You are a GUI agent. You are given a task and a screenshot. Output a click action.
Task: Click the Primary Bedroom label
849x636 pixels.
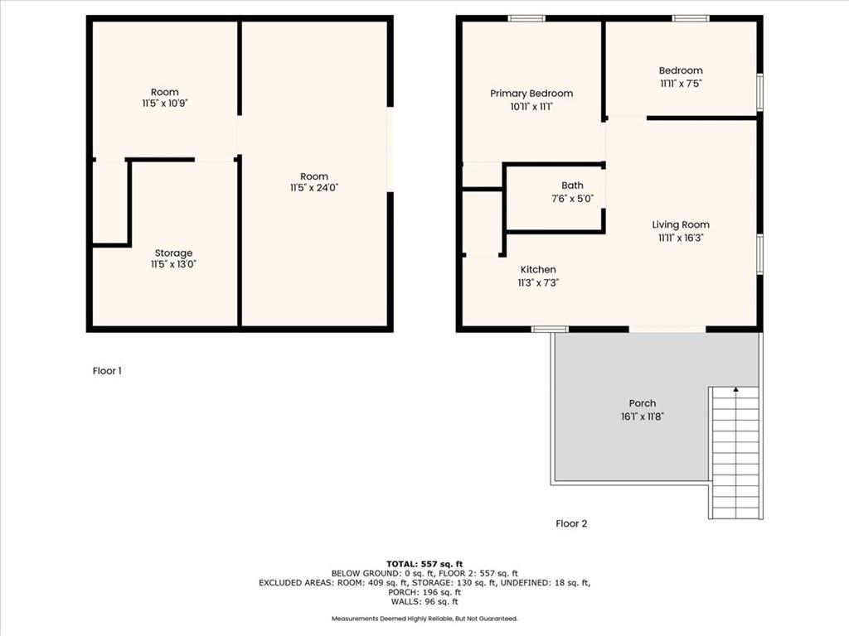[x=531, y=94]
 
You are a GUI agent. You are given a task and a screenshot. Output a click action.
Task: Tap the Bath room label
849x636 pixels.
[x=572, y=185]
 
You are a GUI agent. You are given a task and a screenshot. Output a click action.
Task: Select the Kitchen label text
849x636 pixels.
[x=538, y=269]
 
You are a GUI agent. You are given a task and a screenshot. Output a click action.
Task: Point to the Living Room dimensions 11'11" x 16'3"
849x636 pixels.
[x=681, y=238]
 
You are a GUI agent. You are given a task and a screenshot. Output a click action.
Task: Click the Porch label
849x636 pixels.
[x=643, y=403]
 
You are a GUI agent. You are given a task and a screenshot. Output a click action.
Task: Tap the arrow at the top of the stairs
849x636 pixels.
[x=736, y=389]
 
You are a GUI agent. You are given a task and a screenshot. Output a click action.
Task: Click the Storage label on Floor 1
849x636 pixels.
[x=173, y=253]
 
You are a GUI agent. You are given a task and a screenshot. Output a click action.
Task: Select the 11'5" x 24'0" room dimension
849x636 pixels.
[x=314, y=188]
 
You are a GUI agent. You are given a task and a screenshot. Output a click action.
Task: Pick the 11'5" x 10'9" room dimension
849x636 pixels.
[x=165, y=104]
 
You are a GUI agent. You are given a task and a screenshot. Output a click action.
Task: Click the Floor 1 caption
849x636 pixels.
[x=107, y=371]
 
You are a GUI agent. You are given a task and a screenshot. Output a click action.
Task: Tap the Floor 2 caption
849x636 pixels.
[x=571, y=523]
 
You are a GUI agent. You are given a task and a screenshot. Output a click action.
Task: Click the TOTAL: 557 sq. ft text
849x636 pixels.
[x=424, y=564]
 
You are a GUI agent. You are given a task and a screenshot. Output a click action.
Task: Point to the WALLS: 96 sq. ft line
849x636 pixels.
[x=424, y=601]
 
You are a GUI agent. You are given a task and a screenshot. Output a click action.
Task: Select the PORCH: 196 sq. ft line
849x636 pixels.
[x=424, y=592]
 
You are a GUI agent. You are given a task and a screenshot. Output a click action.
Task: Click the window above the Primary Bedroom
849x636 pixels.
[x=526, y=18]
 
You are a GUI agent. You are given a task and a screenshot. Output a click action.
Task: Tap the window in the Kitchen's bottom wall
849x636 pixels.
[x=550, y=329]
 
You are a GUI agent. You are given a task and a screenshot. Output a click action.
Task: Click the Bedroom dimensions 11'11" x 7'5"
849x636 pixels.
[x=681, y=84]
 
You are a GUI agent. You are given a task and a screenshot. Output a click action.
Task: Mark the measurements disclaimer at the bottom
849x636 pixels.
[x=424, y=618]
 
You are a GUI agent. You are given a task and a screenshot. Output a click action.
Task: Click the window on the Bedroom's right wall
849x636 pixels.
[x=759, y=92]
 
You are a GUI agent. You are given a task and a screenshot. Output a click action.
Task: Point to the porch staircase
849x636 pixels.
[x=736, y=453]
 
